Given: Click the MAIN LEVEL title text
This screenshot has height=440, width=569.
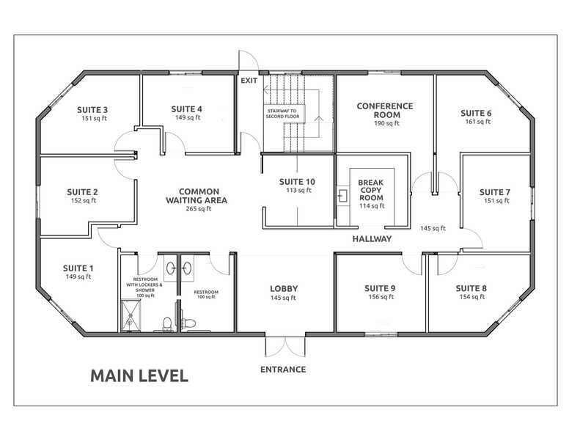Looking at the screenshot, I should [139, 376].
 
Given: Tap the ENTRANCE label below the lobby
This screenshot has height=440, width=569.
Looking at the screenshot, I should [283, 369].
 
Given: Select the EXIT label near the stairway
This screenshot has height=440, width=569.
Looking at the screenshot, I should [249, 81].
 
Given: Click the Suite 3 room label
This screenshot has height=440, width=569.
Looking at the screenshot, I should [92, 109].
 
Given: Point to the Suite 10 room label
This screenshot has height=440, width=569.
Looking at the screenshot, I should [298, 182].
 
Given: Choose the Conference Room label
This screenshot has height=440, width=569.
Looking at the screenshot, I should [384, 110].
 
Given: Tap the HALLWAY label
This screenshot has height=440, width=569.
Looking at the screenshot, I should [372, 239].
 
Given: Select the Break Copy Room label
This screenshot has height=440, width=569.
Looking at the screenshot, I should [371, 190].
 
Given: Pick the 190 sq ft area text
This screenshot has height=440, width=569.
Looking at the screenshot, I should [384, 124].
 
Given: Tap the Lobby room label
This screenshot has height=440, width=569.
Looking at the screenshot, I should [283, 288].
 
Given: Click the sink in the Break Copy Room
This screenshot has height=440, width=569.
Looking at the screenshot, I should [343, 196].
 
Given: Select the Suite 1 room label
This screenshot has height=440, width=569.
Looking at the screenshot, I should [78, 268].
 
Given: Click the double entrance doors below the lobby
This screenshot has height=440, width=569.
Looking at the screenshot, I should [284, 347].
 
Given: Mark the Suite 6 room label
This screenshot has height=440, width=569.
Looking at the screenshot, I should [476, 113].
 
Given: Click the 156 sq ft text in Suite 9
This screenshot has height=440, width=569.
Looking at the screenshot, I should [380, 297].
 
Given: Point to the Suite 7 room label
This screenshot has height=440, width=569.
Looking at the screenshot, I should [495, 192].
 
